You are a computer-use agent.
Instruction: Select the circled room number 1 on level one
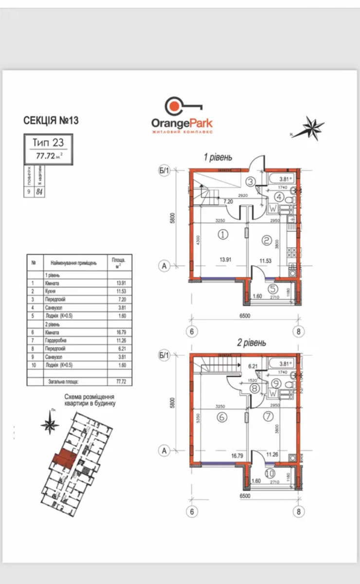point(223,235)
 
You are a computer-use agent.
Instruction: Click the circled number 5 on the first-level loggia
point(273,289)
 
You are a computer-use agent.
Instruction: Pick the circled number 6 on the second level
point(223,417)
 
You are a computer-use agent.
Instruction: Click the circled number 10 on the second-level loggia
point(270,472)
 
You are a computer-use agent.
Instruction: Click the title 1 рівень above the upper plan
point(218,157)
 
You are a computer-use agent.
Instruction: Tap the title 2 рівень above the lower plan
point(252,343)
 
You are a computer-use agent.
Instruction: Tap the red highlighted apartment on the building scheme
point(62,458)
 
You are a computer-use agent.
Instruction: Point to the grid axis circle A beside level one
point(164,266)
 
